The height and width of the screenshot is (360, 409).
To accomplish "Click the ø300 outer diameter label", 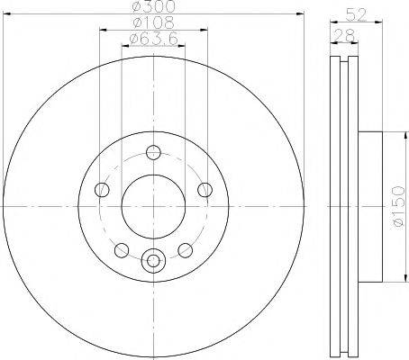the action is [x=153, y=6].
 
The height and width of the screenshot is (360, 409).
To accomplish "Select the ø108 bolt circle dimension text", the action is [x=153, y=22].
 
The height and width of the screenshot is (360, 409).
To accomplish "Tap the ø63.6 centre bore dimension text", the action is [x=153, y=39].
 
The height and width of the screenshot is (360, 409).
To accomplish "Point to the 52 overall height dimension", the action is [x=356, y=14].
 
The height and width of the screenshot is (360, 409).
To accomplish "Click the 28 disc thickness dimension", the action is [x=344, y=36].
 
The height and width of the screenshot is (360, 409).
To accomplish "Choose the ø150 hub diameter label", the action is [x=398, y=207].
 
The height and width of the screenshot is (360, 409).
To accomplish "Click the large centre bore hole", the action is [x=153, y=207].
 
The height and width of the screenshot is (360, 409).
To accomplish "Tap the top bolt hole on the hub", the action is [x=153, y=152].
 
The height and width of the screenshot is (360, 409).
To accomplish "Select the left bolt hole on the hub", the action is [x=102, y=190].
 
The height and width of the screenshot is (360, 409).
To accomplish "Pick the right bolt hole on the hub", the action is [x=205, y=190].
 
